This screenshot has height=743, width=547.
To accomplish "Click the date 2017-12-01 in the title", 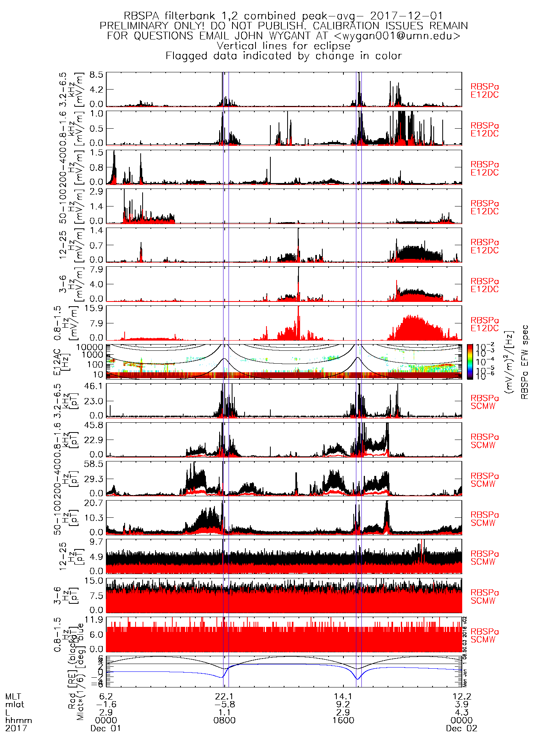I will point(406,16).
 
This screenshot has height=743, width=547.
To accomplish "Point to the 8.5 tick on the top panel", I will point(97,75).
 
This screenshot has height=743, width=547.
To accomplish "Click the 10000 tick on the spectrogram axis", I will point(89,347).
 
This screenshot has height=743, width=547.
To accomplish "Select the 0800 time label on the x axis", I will point(225,720).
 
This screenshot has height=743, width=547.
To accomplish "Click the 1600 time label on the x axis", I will point(343,720).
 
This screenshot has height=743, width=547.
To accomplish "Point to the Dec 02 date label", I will point(461,728).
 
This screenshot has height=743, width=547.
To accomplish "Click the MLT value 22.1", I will point(225,696).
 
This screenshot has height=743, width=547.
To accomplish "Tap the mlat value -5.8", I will point(225,704).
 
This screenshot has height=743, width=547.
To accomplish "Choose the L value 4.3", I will point(461,712).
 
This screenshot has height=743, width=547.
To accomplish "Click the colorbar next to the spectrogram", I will point(470,362).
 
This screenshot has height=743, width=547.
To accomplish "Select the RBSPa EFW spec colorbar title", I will point(525,362).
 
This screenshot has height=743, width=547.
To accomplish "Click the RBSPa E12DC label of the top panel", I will point(484,91).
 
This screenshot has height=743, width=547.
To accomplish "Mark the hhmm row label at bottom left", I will point(19,720).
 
